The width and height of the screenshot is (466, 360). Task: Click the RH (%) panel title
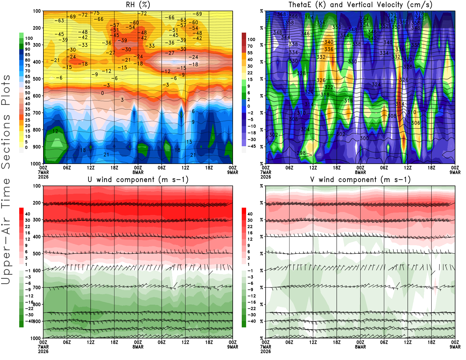[x=138, y=5]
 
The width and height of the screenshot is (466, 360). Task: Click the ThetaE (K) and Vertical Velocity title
[x=360, y=5]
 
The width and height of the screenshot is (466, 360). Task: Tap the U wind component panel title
[x=138, y=179]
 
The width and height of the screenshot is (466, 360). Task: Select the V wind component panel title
[x=360, y=179]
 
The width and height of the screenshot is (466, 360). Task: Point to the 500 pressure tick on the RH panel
[x=37, y=79]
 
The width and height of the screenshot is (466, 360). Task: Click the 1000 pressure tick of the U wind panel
[x=36, y=338]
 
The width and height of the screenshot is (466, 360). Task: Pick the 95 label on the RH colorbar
[x=27, y=44]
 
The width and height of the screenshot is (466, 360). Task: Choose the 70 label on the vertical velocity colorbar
[x=250, y=46]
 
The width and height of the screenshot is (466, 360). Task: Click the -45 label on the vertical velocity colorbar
[x=251, y=146]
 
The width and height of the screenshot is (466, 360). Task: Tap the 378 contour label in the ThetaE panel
[x=419, y=14]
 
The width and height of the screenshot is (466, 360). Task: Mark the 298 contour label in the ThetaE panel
[x=301, y=153]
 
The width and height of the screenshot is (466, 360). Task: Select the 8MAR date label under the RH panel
[x=138, y=172]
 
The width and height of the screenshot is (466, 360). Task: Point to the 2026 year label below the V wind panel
[x=266, y=351]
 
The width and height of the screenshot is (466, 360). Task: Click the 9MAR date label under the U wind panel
[x=233, y=347]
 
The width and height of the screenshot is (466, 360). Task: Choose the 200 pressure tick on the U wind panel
[x=37, y=203]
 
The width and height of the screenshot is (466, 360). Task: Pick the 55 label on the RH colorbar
[x=27, y=87]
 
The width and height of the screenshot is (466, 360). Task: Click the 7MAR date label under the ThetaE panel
[x=266, y=172]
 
